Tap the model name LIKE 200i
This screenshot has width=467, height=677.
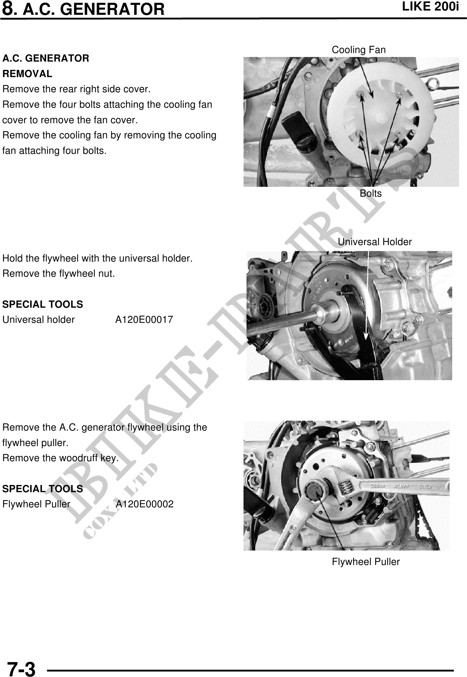pyautogui.click(x=430, y=7)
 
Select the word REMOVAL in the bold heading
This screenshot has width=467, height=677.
pyautogui.click(x=27, y=74)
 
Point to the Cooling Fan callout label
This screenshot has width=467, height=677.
pyautogui.click(x=358, y=50)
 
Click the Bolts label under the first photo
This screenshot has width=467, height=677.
pyautogui.click(x=371, y=193)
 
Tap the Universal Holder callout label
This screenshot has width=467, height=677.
pyautogui.click(x=375, y=242)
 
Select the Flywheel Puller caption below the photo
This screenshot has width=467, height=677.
pyautogui.click(x=366, y=562)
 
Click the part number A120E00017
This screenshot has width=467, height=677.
pyautogui.click(x=144, y=320)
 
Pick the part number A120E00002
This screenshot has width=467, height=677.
pyautogui.click(x=144, y=504)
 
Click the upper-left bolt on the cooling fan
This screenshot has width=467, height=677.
pyautogui.click(x=361, y=95)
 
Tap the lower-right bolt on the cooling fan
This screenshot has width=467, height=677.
pyautogui.click(x=398, y=134)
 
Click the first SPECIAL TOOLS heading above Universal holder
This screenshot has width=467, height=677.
pyautogui.click(x=42, y=304)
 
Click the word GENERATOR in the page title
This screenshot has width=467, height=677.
pyautogui.click(x=113, y=9)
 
